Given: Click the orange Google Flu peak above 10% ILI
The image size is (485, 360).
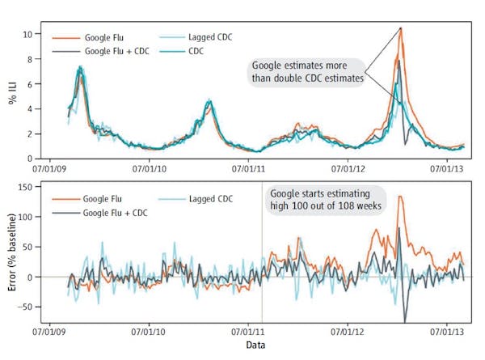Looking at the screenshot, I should coord(400,29).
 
